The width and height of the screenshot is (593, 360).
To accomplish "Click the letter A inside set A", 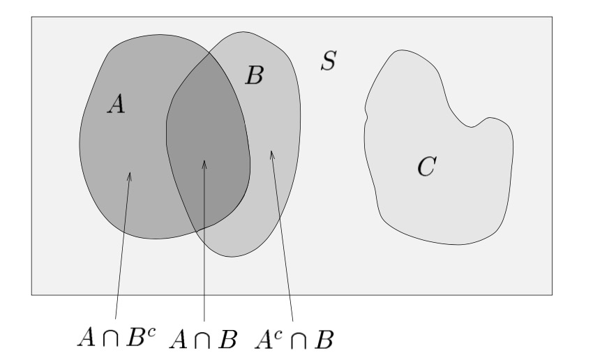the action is click(117, 104).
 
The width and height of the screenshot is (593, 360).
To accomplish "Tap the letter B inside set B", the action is click(254, 75).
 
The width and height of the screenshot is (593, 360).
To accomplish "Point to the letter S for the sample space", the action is click(328, 61).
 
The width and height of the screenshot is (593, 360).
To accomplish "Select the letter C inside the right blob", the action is click(426, 166).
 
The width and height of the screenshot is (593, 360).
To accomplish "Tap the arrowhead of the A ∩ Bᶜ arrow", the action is click(129, 177).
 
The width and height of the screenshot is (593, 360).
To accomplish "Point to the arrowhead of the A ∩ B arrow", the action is click(204, 165).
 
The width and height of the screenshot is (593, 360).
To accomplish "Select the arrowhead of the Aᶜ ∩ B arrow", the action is click(272, 153).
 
